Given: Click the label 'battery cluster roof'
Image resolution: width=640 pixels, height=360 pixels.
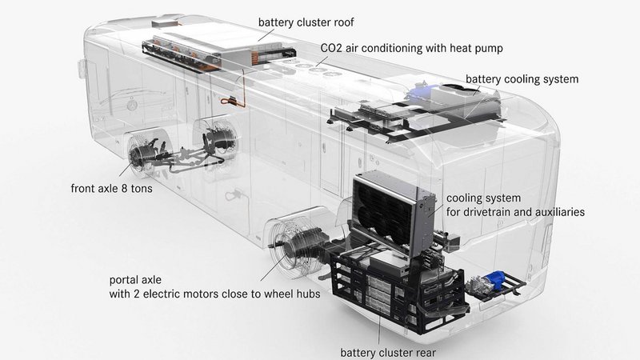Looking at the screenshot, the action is [x=306, y=22].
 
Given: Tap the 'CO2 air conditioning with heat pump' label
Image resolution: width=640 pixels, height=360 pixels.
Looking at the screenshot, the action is [x=411, y=48].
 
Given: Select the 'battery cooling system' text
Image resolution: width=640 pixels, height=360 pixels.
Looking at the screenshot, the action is [x=522, y=79].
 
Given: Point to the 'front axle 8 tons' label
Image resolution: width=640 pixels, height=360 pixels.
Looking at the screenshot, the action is [x=111, y=188].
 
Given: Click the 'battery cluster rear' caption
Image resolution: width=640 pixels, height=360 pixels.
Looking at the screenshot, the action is [x=388, y=352].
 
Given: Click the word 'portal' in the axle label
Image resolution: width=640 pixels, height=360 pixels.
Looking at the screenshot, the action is [x=122, y=280].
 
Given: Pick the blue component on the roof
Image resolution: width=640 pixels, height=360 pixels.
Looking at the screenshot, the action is [x=419, y=92].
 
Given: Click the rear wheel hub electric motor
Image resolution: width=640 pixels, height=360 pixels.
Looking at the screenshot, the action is [x=300, y=245].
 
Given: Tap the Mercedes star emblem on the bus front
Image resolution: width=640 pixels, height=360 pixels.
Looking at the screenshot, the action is [x=131, y=106].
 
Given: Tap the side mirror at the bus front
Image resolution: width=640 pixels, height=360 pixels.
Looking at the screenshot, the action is [x=81, y=68].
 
